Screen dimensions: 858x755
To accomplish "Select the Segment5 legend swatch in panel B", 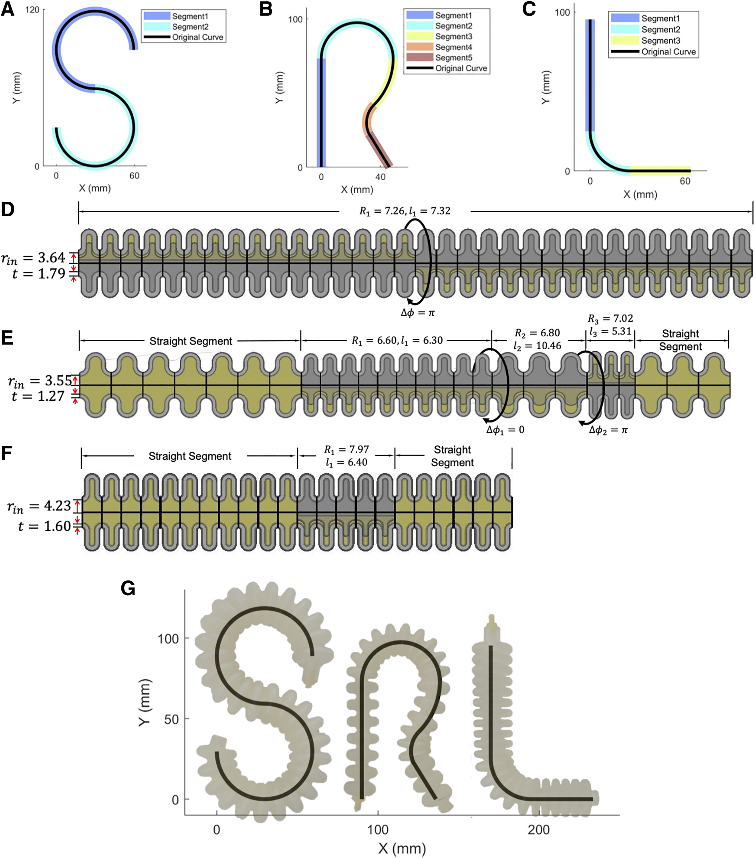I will (x=419, y=58).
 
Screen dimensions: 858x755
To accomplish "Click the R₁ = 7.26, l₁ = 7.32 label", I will (x=405, y=210).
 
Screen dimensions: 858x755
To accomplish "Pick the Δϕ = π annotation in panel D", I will (x=418, y=312).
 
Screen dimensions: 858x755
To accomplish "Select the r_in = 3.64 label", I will (x=34, y=258).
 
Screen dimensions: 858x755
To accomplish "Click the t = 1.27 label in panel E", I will (x=38, y=396).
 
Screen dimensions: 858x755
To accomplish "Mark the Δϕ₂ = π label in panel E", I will (x=608, y=429).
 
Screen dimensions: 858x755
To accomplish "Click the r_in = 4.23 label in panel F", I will (x=39, y=506).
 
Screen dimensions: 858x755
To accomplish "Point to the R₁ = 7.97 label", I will (x=346, y=449).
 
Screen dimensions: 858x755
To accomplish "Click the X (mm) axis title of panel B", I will (x=357, y=189).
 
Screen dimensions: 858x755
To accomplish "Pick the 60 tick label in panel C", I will (x=685, y=181).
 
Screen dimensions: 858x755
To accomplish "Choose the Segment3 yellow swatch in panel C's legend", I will (x=624, y=40).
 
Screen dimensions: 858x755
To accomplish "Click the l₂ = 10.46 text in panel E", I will (x=537, y=345).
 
